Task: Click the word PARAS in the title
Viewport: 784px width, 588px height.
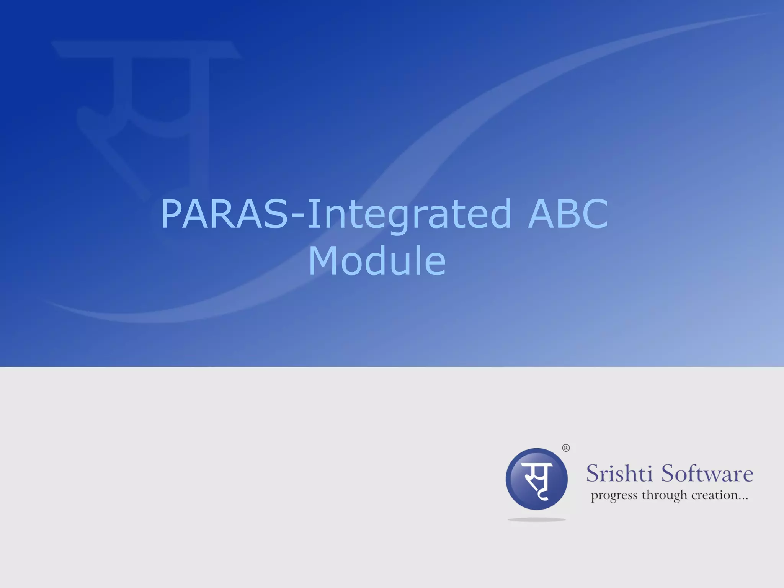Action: [x=224, y=214]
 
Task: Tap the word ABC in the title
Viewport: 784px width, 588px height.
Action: [x=568, y=214]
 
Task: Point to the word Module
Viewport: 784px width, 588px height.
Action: [x=377, y=261]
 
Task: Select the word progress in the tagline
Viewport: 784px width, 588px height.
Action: [x=614, y=496]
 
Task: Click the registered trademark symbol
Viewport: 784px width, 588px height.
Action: [x=565, y=448]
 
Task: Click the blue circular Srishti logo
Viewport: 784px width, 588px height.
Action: [x=536, y=479]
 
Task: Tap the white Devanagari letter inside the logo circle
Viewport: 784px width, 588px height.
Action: [x=538, y=480]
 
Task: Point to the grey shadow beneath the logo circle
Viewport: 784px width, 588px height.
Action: [x=536, y=519]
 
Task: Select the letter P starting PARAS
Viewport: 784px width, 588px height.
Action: [x=171, y=214]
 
